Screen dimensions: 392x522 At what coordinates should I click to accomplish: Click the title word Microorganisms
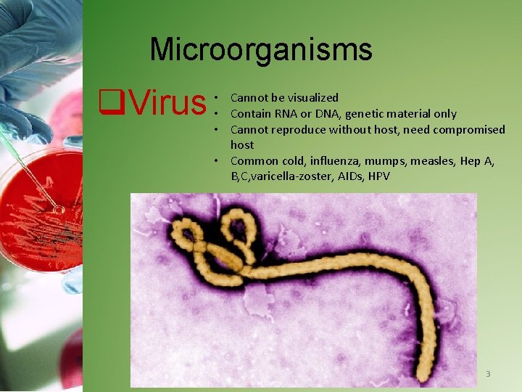coord(260,49)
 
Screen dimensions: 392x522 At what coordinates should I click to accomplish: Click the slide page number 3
coord(488,374)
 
